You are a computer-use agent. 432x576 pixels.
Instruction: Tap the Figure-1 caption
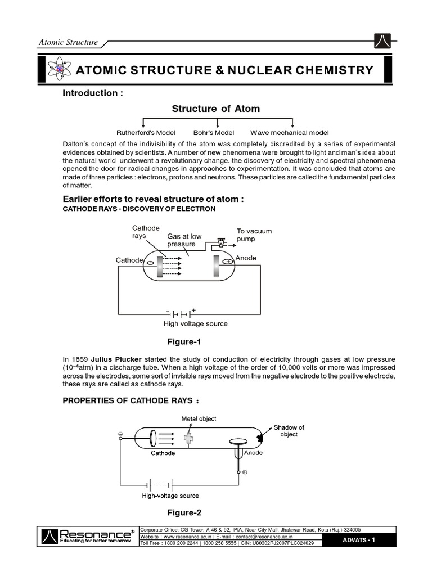tap(184, 341)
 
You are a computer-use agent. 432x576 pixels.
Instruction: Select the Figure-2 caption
tap(184, 512)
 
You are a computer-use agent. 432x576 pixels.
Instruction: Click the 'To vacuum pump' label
tap(254, 235)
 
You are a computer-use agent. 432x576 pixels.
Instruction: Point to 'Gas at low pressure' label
tap(184, 241)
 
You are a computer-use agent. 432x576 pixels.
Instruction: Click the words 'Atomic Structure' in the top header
tap(68, 43)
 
